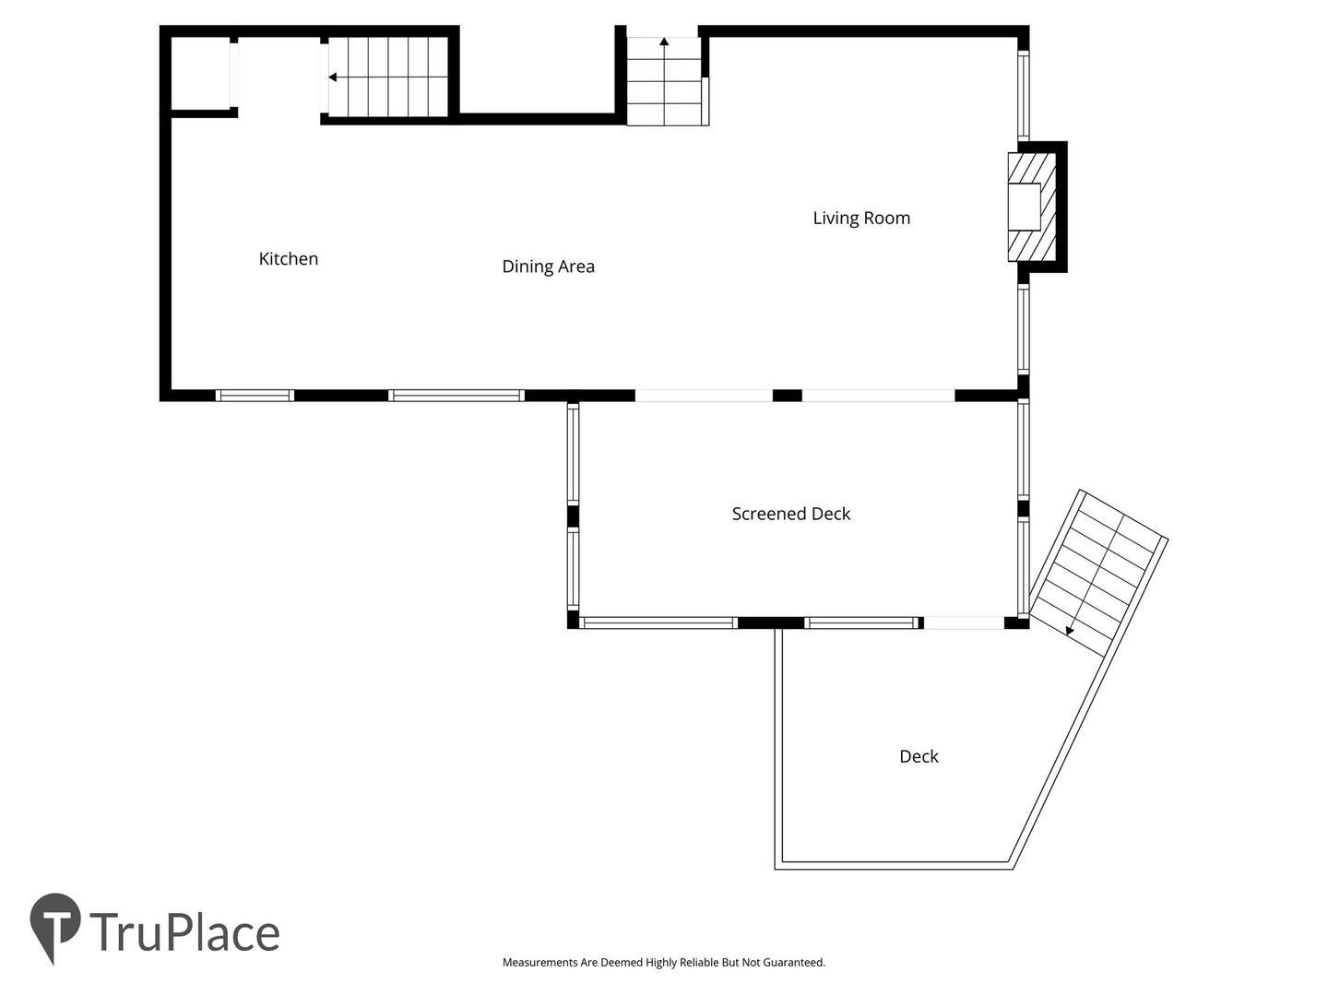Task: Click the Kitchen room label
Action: (288, 259)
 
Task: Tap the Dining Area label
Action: (548, 267)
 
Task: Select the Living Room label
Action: (861, 219)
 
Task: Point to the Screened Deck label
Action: (790, 514)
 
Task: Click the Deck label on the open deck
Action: (919, 756)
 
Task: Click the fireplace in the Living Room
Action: (1032, 207)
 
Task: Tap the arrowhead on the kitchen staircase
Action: (332, 77)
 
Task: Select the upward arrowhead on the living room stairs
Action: (664, 41)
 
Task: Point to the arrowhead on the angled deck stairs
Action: (1069, 632)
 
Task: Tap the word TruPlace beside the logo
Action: (184, 933)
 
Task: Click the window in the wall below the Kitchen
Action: (255, 396)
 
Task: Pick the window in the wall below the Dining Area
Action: (456, 396)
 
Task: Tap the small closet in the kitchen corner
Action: (200, 74)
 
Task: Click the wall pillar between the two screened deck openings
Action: (788, 396)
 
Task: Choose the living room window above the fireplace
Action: (1023, 96)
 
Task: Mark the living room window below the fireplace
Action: (1023, 329)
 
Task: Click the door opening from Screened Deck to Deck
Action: (964, 622)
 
